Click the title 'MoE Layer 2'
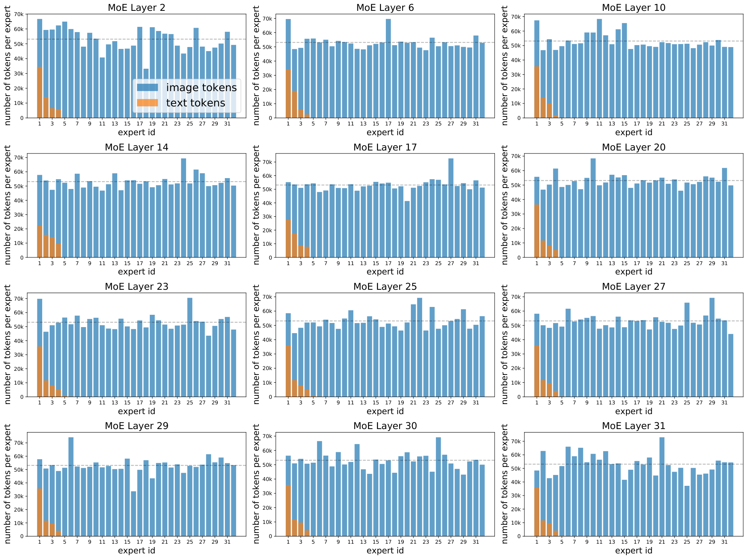[136, 7]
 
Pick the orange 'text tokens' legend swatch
[147, 103]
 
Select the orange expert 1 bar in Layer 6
[288, 93]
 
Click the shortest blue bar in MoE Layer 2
[146, 93]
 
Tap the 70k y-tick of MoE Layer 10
[516, 17]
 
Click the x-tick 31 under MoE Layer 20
[724, 263]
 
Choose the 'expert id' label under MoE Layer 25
[385, 411]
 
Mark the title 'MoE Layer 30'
[385, 426]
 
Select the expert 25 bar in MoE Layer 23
[190, 347]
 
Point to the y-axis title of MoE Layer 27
[505, 344]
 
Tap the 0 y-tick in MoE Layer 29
[22, 536]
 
